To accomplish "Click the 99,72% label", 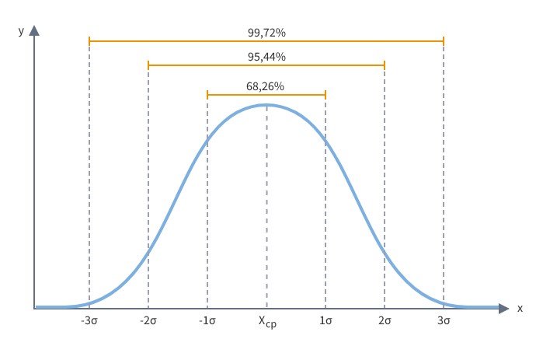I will [x=266, y=32].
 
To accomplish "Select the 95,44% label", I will [x=266, y=57].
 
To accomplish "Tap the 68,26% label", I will [x=266, y=86].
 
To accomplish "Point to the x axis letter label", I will [x=520, y=309].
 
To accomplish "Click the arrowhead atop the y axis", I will [x=34, y=32].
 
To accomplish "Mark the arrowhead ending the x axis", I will [x=504, y=308].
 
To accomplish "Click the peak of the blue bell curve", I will [x=266, y=105].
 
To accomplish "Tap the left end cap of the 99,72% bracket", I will [x=89, y=40].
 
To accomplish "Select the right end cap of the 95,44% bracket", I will [x=385, y=65].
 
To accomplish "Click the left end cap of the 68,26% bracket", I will [x=207, y=94].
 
